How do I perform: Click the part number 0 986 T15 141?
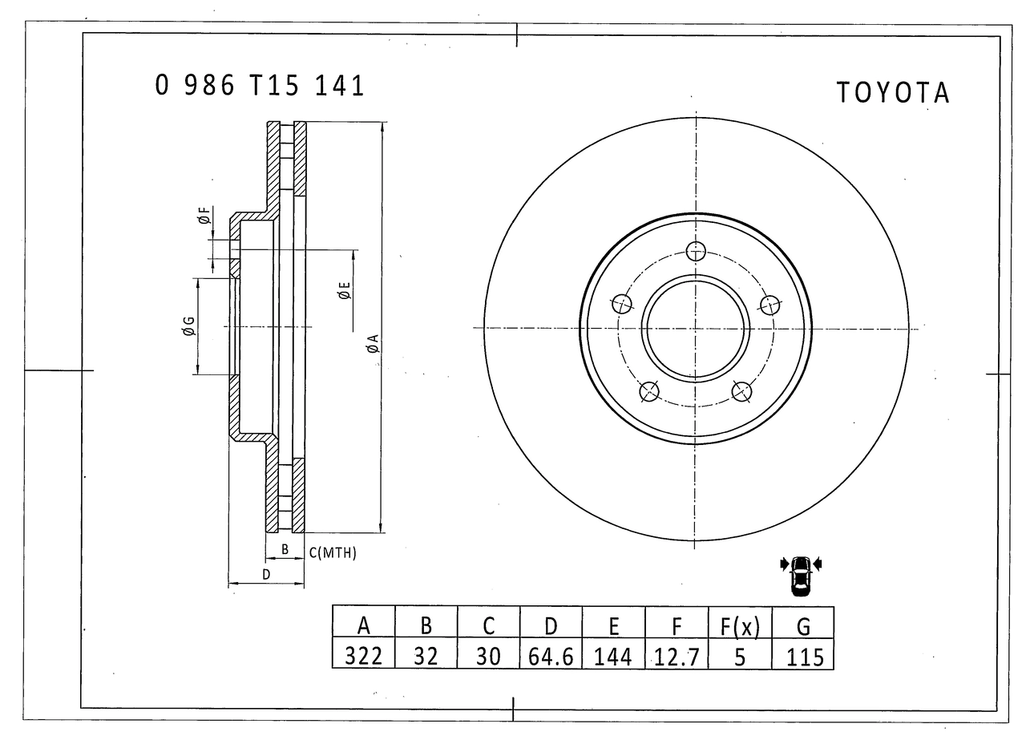click(x=259, y=85)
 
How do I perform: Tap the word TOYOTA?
click(x=893, y=92)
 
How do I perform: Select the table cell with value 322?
click(x=363, y=656)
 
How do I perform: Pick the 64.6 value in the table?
click(x=551, y=657)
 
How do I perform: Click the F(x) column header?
click(x=740, y=626)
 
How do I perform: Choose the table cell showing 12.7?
click(x=677, y=657)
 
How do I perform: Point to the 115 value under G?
click(x=803, y=657)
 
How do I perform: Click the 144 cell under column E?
click(x=613, y=657)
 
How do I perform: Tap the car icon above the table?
click(x=801, y=576)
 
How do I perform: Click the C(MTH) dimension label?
click(x=333, y=552)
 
